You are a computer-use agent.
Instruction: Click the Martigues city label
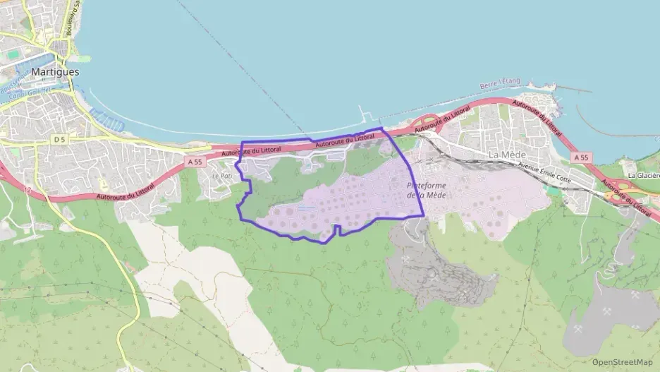[x=55, y=72]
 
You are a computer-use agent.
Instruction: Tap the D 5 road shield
[x=59, y=140]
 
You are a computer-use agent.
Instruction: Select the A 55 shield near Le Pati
[x=195, y=162]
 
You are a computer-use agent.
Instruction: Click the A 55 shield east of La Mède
[x=581, y=157]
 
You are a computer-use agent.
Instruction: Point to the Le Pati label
[x=221, y=176]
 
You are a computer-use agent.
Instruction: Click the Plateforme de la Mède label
[x=427, y=190]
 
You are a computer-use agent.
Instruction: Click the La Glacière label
[x=642, y=175]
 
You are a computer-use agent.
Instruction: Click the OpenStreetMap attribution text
[x=622, y=362]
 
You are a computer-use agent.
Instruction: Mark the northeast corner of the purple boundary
[x=381, y=128]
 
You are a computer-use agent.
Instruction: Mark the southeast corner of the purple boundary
[x=423, y=215]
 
